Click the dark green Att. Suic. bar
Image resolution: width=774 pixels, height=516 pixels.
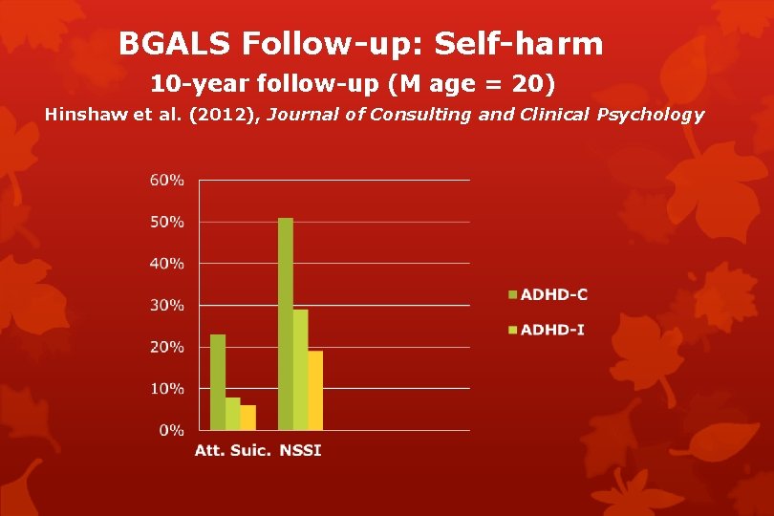click(x=218, y=382)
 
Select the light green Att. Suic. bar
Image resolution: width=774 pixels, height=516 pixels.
click(x=233, y=414)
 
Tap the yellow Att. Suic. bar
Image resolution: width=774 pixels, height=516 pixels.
click(x=248, y=418)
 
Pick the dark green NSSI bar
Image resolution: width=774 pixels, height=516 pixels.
click(x=286, y=324)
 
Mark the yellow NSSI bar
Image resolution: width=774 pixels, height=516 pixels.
click(x=316, y=391)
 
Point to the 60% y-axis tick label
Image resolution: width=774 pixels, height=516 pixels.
click(x=167, y=181)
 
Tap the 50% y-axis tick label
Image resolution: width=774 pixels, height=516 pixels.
click(x=167, y=222)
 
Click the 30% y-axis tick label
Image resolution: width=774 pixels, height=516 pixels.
click(x=167, y=306)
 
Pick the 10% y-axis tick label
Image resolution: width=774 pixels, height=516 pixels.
click(x=167, y=389)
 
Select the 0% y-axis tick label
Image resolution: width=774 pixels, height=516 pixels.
click(x=171, y=431)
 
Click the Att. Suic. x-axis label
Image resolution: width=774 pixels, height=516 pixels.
click(x=233, y=450)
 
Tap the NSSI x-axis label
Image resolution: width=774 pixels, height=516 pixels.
click(x=301, y=450)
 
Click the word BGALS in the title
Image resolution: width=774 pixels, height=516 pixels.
click(x=176, y=44)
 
